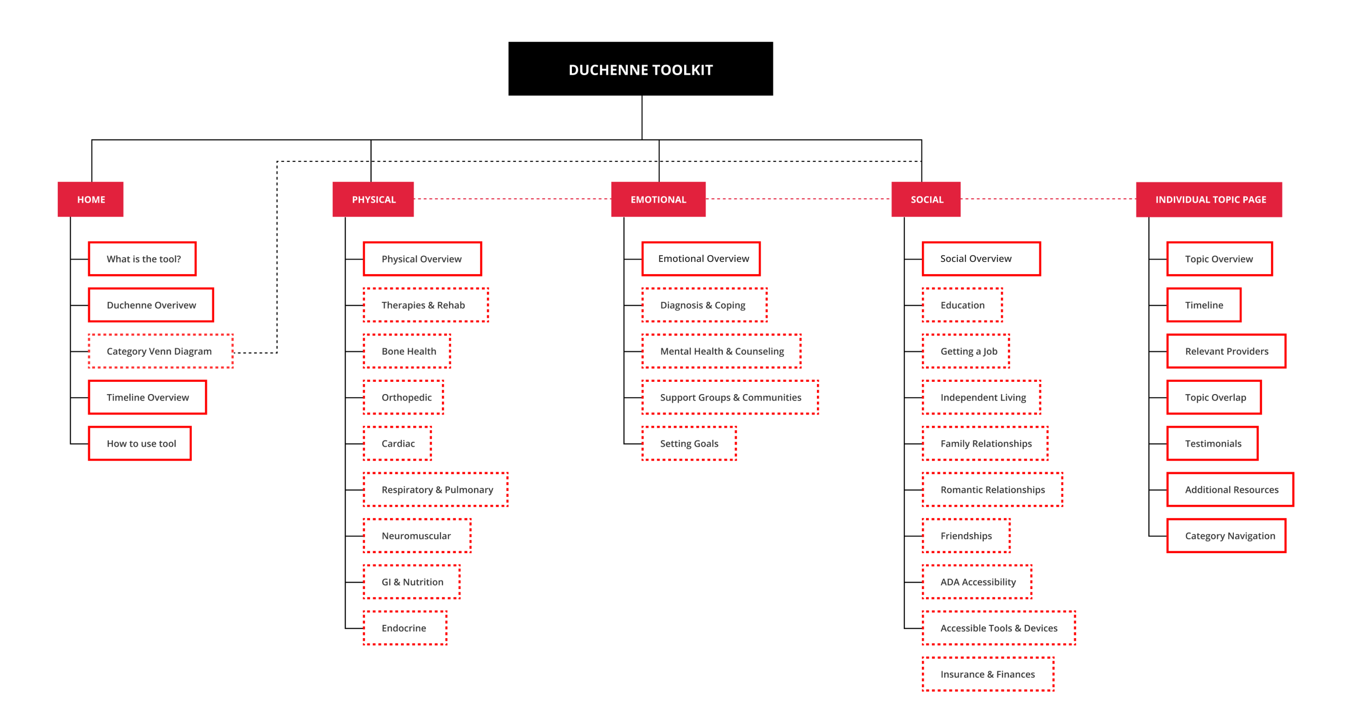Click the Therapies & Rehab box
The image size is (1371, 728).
click(x=426, y=305)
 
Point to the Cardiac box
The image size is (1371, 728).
click(x=397, y=443)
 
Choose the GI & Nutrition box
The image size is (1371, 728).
click(x=411, y=582)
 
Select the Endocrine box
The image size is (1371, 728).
click(x=405, y=628)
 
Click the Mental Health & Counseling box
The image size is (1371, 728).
click(x=722, y=351)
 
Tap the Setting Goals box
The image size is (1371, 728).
click(x=689, y=443)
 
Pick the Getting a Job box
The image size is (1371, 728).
click(x=966, y=351)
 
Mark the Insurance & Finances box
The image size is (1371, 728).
click(x=988, y=674)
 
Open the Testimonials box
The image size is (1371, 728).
click(x=1212, y=443)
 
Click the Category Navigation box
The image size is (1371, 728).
click(x=1226, y=536)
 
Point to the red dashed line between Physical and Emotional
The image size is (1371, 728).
click(x=513, y=199)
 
